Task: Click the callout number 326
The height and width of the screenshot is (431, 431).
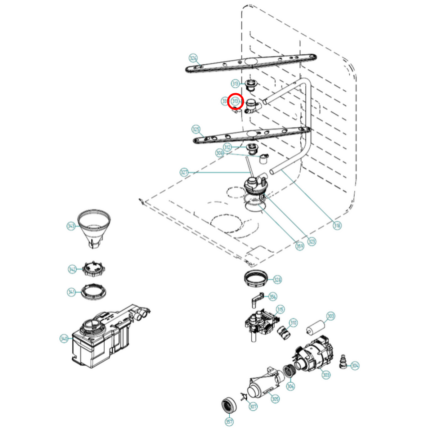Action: (193, 58)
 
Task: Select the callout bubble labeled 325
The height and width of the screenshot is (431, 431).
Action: (196, 129)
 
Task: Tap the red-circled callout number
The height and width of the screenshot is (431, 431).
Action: (236, 101)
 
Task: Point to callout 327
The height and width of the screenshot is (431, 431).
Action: (184, 172)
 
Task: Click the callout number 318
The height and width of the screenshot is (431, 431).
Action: (337, 225)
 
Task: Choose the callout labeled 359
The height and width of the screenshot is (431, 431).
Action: (299, 246)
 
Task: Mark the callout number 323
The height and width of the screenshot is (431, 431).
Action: (312, 241)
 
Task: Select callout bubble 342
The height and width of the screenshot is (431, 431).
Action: (72, 269)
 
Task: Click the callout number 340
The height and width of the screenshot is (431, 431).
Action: (64, 339)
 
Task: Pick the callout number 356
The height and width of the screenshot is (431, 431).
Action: (273, 296)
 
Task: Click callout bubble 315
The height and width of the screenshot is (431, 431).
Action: (280, 309)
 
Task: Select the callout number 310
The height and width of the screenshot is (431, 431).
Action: (293, 322)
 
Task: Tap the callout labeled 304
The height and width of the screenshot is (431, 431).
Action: (355, 365)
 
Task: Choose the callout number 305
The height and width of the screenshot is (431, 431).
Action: (275, 399)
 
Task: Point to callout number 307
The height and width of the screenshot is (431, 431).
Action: (253, 406)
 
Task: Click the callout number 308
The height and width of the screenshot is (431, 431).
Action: (220, 153)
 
